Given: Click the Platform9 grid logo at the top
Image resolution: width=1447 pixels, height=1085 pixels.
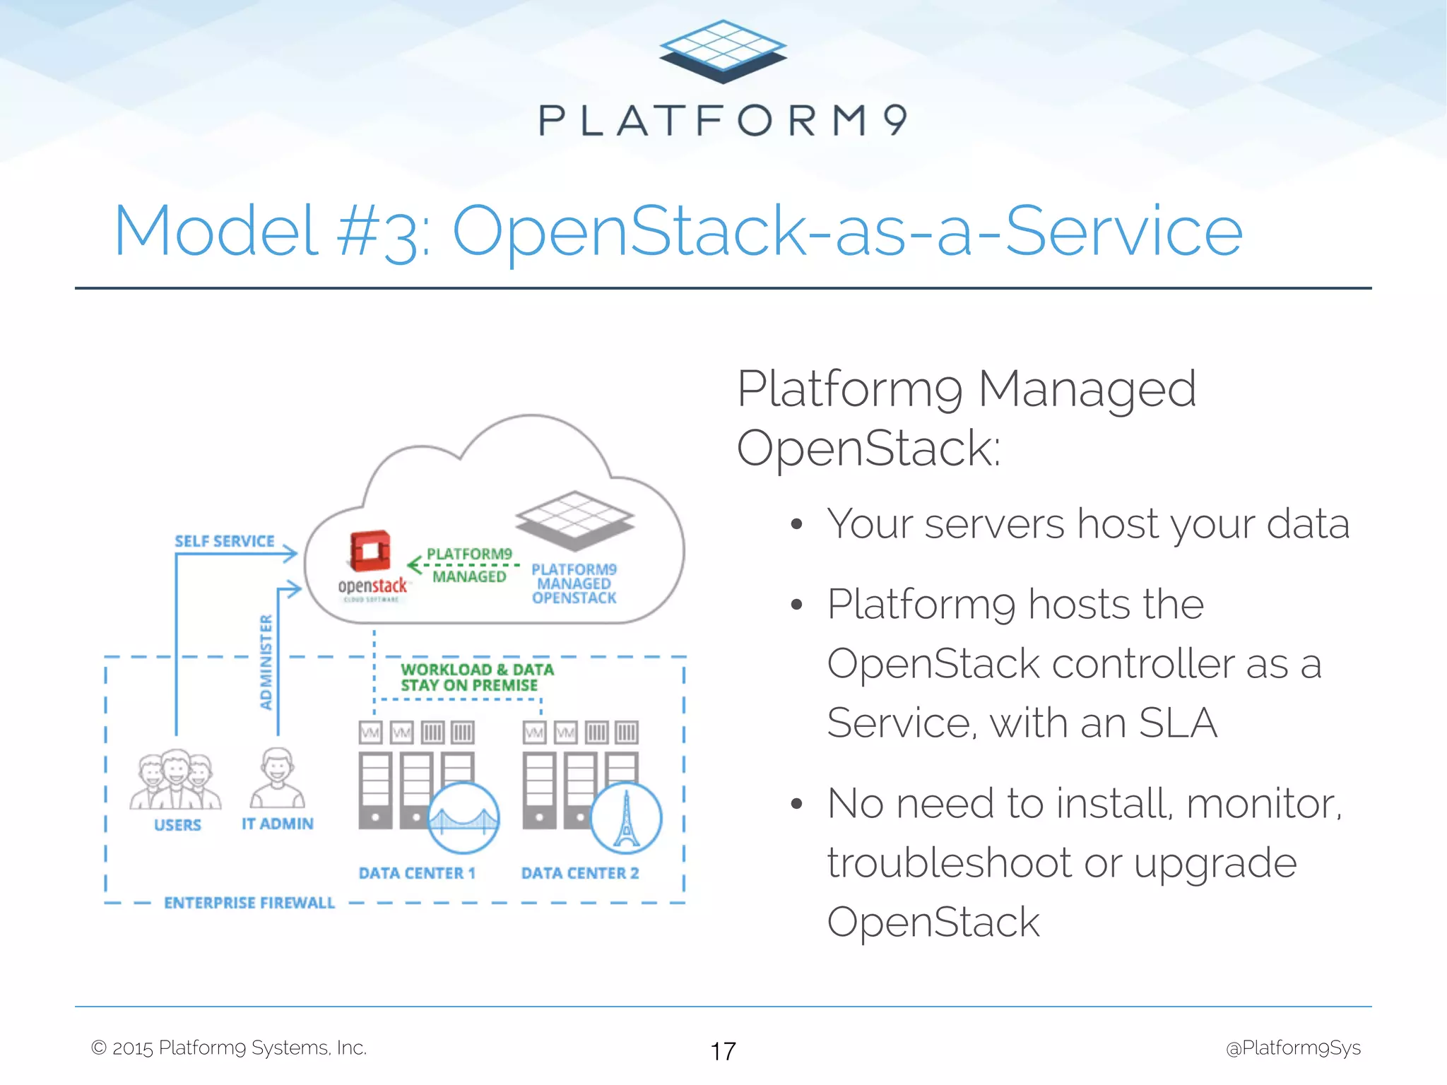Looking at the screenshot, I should pos(722,52).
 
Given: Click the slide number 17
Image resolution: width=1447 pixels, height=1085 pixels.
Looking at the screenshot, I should pos(723,1051).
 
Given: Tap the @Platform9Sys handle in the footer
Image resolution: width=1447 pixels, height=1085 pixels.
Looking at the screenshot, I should pos(1293,1048).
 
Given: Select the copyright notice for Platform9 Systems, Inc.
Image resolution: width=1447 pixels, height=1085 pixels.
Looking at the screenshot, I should pos(229,1048).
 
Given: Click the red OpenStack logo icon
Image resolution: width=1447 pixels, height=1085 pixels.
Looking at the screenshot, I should pos(370,550).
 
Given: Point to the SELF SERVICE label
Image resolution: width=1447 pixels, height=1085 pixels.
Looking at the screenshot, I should pos(225,541).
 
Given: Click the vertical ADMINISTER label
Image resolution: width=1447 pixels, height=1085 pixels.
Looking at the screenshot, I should pos(266,662).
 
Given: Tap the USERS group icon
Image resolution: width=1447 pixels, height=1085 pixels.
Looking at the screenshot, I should pos(175,780).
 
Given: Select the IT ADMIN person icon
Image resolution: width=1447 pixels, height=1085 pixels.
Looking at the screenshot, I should pos(277,778).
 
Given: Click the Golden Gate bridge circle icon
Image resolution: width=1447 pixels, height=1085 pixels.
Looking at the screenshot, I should pos(463,817).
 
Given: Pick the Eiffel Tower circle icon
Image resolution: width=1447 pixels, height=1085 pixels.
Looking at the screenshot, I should pos(626,817).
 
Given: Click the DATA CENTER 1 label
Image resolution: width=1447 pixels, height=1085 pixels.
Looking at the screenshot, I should pos(417,873).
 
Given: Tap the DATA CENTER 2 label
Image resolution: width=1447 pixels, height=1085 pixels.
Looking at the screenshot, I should pos(580,873).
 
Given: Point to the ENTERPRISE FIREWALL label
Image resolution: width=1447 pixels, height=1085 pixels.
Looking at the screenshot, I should pos(249,903).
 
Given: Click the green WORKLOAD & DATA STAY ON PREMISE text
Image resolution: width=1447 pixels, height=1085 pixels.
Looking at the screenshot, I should pos(476,677).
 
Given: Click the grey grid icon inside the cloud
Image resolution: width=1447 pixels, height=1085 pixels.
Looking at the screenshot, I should pos(574,520).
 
